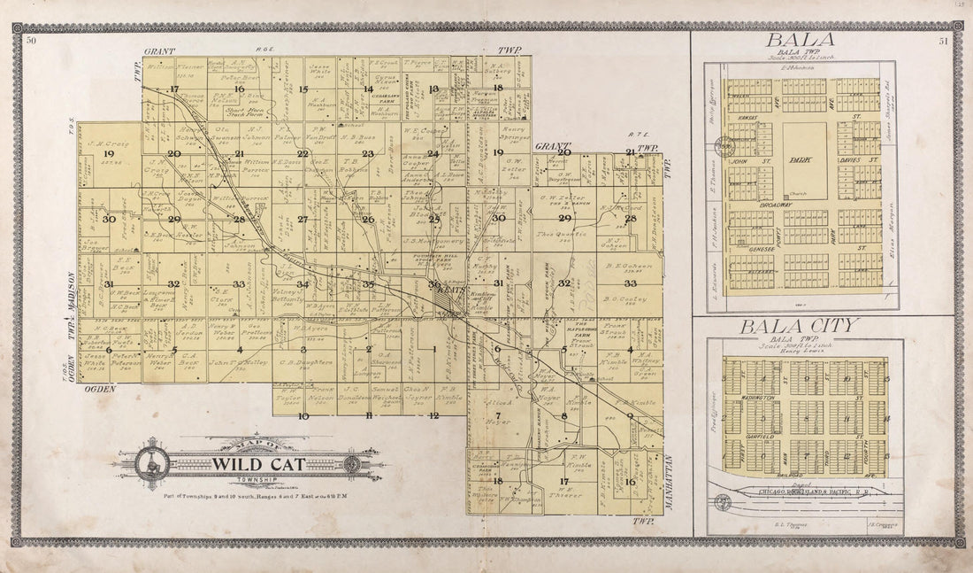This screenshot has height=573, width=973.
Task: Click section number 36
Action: (433, 283)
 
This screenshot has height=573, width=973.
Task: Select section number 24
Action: (433, 153)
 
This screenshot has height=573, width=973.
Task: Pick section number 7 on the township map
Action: (497, 414)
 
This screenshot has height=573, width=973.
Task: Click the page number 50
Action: (31, 41)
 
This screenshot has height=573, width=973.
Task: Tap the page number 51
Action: (944, 41)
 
